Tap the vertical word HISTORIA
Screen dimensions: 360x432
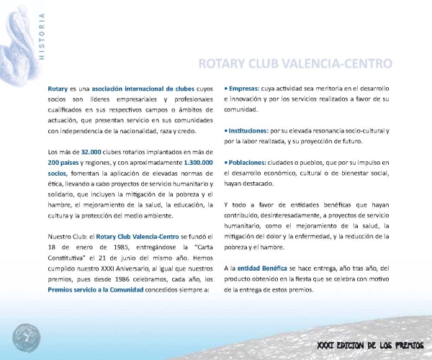[41, 36]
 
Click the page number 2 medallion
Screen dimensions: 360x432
[27, 337]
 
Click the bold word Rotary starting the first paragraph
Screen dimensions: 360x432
[58, 87]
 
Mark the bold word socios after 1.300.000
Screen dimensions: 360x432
[60, 174]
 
